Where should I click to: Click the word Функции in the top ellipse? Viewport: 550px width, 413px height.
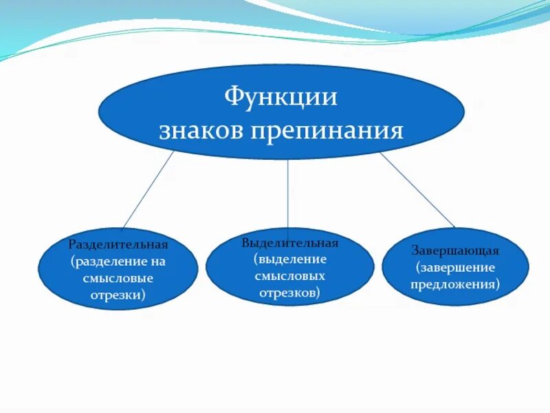(x=281, y=96)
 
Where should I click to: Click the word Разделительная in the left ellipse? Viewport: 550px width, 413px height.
(x=118, y=244)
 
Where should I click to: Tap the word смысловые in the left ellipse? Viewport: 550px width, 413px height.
(x=118, y=278)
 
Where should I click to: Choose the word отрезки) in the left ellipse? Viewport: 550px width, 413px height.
(x=118, y=295)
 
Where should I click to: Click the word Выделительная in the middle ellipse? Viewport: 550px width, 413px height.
(x=289, y=243)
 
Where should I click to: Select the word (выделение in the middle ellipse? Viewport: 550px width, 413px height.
(x=289, y=260)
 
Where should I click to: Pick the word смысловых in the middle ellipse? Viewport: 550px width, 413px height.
(x=289, y=276)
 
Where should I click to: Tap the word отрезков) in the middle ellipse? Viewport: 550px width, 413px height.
(x=289, y=293)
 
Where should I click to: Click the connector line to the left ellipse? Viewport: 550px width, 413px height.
(x=148, y=190)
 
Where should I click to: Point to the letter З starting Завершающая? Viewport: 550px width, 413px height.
(x=415, y=251)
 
